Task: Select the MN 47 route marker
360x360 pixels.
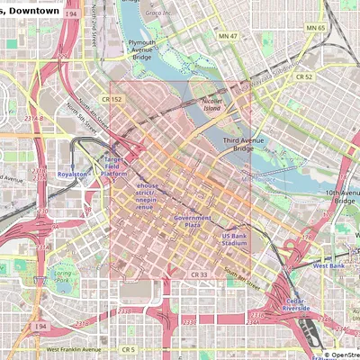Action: point(229,35)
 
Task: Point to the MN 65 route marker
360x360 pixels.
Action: point(315,28)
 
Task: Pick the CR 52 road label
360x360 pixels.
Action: point(304,77)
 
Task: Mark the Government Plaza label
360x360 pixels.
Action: point(193,220)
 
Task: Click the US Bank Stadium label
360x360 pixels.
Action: point(234,239)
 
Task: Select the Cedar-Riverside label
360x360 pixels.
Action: point(298,303)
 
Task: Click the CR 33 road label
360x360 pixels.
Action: point(199,274)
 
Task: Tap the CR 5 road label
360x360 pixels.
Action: point(129,349)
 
